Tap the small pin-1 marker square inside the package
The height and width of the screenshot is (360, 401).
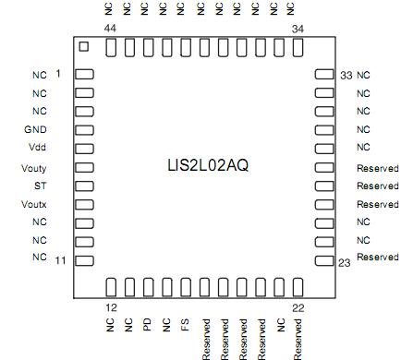tap(83, 46)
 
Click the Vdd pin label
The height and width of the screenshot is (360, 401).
tap(37, 149)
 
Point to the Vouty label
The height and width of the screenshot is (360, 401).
tap(33, 168)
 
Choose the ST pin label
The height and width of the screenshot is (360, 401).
tap(38, 186)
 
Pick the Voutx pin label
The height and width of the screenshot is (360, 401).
tap(33, 204)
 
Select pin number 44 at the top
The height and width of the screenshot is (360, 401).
tap(110, 29)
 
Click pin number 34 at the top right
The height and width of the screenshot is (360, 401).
tap(298, 29)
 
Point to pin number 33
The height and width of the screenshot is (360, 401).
tap(346, 75)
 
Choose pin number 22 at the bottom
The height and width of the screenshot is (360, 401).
tap(298, 306)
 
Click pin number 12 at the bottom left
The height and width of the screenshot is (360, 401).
tap(110, 306)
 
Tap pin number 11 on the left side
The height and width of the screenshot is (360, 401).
tap(60, 261)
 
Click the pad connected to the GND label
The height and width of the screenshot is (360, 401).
tap(84, 130)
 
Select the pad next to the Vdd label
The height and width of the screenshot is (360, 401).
tap(84, 149)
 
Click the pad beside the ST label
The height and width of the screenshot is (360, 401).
tap(84, 186)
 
